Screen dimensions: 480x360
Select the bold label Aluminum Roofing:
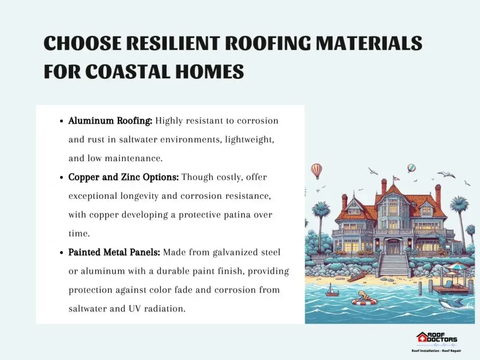coord(110,121)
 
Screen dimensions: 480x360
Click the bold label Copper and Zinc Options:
coord(123,177)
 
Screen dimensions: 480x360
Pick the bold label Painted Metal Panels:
coord(114,253)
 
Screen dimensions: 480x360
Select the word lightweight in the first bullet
coord(249,140)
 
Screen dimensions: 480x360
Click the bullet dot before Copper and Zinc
coord(62,178)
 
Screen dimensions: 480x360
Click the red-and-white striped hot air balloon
coord(316,170)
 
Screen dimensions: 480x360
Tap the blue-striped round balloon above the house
coord(412,168)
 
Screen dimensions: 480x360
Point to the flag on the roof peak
coord(397,178)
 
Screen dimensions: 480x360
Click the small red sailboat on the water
coord(330,290)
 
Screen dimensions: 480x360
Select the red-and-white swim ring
coord(364,301)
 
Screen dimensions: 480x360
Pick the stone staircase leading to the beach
coord(394,265)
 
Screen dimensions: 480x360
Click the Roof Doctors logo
coord(436,342)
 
